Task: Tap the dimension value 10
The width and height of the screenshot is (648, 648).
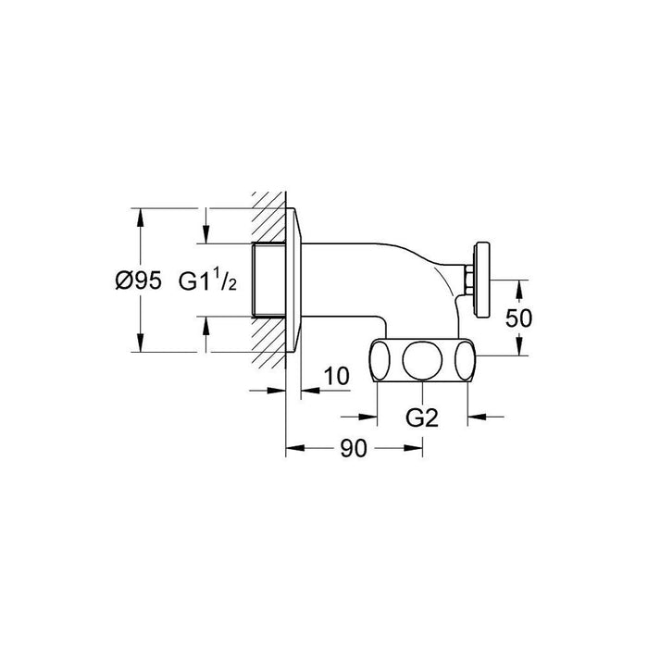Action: point(337,376)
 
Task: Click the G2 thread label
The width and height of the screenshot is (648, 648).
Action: point(422,417)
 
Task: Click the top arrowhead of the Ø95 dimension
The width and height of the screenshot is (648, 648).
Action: point(141,217)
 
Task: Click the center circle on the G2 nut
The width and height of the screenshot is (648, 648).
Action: point(422,359)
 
